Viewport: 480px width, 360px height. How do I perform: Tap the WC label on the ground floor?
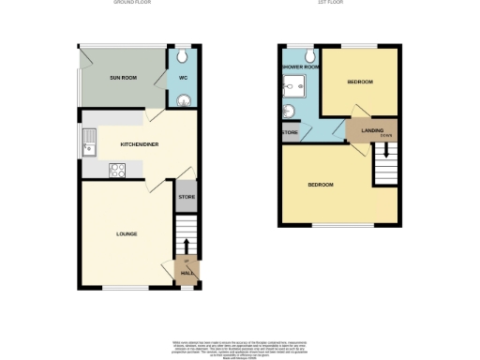182,79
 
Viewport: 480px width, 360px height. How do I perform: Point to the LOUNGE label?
127,232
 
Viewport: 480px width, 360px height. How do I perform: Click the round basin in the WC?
185,101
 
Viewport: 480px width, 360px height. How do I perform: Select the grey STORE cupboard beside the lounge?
186,197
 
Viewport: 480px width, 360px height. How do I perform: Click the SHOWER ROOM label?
300,67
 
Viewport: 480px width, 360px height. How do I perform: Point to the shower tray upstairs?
298,85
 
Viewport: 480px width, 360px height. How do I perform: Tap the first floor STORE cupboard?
292,133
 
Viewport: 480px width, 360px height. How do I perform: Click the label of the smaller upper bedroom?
360,82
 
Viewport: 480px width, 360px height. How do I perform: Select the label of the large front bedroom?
321,185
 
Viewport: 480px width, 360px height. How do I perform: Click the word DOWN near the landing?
386,135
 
